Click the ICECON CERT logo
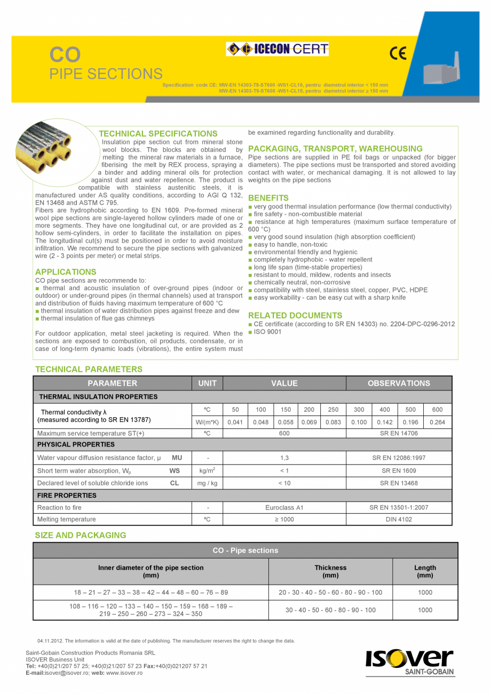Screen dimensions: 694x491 (x=278, y=50)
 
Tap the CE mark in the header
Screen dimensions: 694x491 (x=398, y=53)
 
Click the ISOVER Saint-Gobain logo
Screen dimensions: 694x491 (x=410, y=662)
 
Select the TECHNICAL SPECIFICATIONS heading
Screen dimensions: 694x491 (x=158, y=133)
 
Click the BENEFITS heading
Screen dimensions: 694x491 (x=268, y=198)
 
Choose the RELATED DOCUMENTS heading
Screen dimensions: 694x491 (x=295, y=315)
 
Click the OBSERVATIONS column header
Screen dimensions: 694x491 (x=399, y=383)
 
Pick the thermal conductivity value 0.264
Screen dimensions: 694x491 (x=438, y=422)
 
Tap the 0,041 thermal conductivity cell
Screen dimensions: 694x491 (x=235, y=422)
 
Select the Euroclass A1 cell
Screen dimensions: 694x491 (x=284, y=507)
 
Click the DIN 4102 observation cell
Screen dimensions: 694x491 (x=399, y=519)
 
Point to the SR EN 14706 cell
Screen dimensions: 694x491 (x=399, y=434)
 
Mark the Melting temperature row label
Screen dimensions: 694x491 (x=67, y=519)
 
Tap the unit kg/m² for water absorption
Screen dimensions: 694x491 (x=207, y=470)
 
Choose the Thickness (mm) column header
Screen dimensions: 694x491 (x=330, y=571)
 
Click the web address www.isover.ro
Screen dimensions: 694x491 (x=124, y=673)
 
